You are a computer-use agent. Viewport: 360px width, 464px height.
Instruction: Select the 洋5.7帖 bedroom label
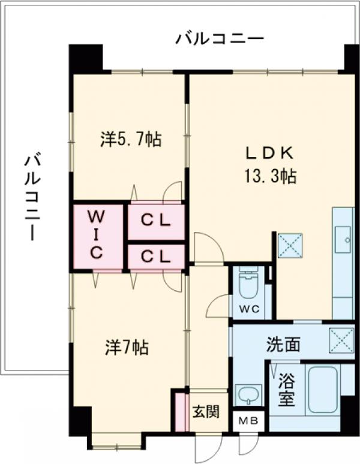coord(130,140)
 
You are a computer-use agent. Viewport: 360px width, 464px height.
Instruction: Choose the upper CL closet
coord(155,221)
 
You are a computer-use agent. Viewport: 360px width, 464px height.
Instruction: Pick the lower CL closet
coord(155,257)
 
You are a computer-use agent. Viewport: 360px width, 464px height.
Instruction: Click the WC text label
coord(251,310)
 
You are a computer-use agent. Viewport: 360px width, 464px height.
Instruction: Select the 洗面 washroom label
coord(283,345)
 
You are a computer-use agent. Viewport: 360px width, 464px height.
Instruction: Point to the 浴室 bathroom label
coord(287,389)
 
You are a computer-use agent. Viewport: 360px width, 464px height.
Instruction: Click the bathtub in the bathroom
coord(323,390)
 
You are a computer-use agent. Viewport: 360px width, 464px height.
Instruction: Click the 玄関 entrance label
coord(206,412)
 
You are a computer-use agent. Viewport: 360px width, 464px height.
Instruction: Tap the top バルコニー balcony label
coord(220,40)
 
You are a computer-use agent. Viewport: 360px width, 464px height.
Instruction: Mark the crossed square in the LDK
coord(291,245)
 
